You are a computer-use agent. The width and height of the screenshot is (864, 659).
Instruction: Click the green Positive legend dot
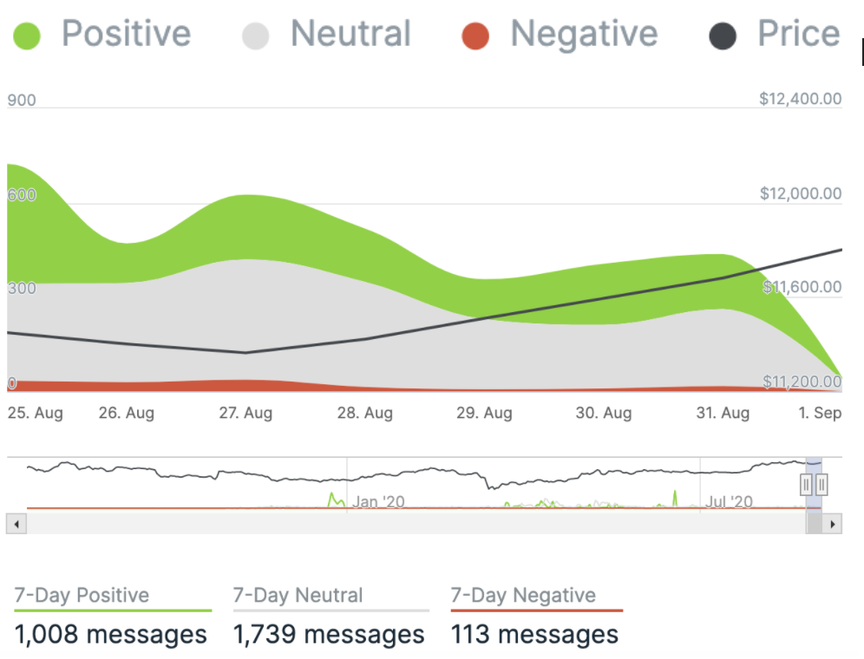pyautogui.click(x=27, y=36)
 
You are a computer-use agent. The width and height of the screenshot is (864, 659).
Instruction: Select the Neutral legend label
pyautogui.click(x=350, y=34)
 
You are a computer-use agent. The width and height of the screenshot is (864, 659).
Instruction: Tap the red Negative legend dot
pyautogui.click(x=475, y=36)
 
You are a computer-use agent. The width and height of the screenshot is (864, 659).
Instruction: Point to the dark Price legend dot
pyautogui.click(x=723, y=36)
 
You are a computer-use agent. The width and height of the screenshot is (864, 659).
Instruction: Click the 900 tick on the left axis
pyautogui.click(x=22, y=101)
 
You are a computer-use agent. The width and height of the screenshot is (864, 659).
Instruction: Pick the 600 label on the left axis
pyautogui.click(x=22, y=195)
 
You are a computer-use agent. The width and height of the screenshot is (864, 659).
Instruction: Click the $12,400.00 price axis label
pyautogui.click(x=800, y=99)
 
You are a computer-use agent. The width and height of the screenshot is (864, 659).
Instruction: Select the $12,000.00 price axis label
pyautogui.click(x=800, y=193)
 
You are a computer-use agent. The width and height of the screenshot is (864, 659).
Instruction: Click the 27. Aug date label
pyautogui.click(x=245, y=413)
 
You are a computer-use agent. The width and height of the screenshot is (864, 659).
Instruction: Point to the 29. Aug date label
pyautogui.click(x=484, y=413)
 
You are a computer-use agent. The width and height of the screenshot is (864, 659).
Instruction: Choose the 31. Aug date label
pyautogui.click(x=723, y=413)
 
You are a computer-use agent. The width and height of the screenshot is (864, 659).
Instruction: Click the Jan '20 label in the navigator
pyautogui.click(x=379, y=502)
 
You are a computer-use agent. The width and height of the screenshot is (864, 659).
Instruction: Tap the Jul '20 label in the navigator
pyautogui.click(x=730, y=502)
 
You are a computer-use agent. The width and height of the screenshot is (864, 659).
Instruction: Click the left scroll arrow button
pyautogui.click(x=16, y=524)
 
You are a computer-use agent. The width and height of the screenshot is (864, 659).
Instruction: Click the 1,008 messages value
pyautogui.click(x=110, y=634)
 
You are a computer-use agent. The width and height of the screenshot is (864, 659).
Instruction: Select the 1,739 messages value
pyautogui.click(x=329, y=634)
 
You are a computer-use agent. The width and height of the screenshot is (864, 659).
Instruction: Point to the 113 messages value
pyautogui.click(x=534, y=634)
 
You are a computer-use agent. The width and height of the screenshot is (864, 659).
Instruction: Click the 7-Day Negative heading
pyautogui.click(x=523, y=596)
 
